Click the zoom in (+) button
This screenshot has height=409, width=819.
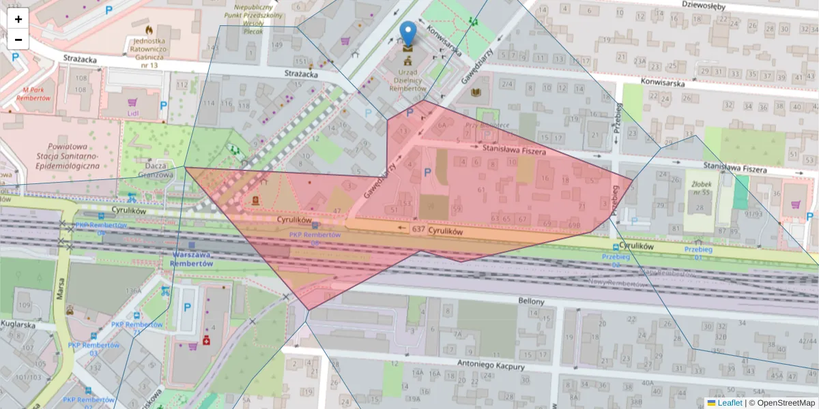click(18, 19)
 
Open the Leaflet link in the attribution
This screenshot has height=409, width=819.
click(730, 403)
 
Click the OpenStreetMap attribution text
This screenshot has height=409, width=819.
click(786, 403)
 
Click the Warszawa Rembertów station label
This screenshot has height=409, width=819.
click(191, 259)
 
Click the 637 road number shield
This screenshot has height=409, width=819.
click(418, 230)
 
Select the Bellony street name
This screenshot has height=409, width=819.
click(531, 301)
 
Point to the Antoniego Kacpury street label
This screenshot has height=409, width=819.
click(491, 366)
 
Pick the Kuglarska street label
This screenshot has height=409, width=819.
click(18, 324)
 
